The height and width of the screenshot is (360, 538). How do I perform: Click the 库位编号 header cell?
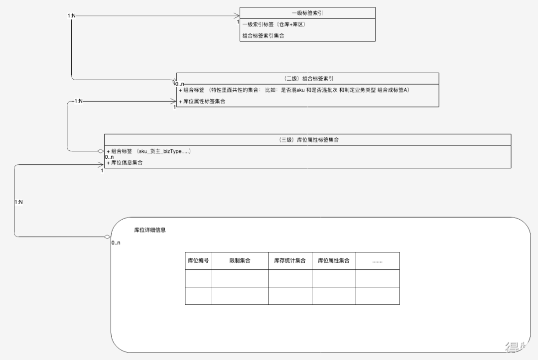pyautogui.click(x=198, y=260)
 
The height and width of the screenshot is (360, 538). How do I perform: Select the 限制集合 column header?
pyautogui.click(x=240, y=260)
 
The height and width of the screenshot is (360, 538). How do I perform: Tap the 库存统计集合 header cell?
pyautogui.click(x=290, y=260)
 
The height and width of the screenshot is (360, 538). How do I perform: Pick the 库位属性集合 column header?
pyautogui.click(x=334, y=260)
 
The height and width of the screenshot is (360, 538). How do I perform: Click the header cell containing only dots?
pyautogui.click(x=378, y=260)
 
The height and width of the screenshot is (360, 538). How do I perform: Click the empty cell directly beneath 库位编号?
pyautogui.click(x=198, y=278)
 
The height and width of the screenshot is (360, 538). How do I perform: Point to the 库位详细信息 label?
pyautogui.click(x=150, y=230)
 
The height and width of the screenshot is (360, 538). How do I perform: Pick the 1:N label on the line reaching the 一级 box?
pyautogui.click(x=72, y=16)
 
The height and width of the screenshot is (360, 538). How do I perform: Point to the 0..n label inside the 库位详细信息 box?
pyautogui.click(x=116, y=243)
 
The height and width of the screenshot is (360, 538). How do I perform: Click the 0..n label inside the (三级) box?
pyautogui.click(x=109, y=157)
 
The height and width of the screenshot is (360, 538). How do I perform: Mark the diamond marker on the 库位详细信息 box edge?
pyautogui.click(x=107, y=237)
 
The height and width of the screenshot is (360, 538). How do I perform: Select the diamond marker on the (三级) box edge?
pyautogui.click(x=101, y=150)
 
